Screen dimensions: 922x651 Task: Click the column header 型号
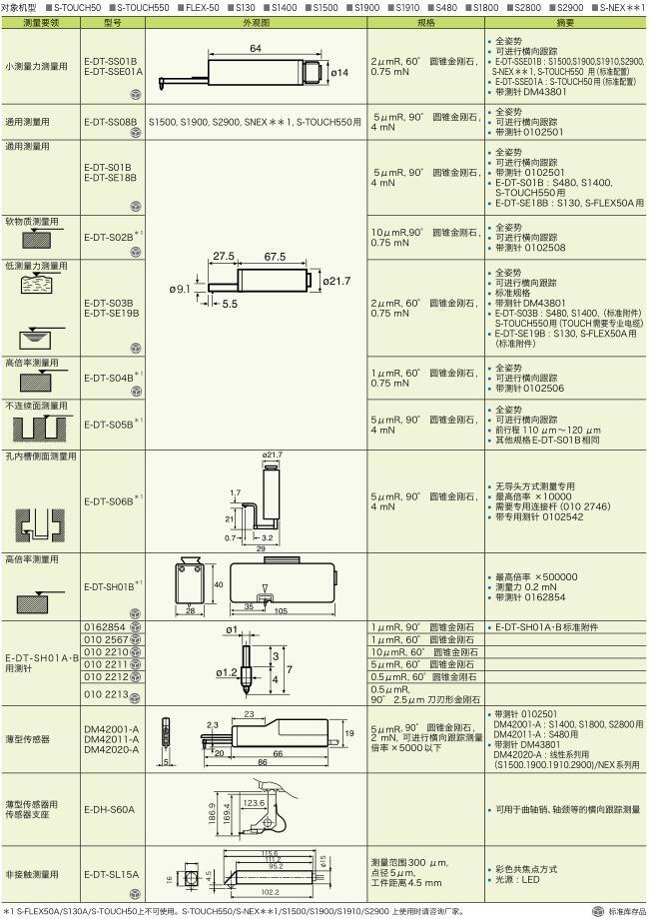point(113,20)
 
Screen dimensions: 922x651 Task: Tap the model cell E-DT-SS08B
point(110,121)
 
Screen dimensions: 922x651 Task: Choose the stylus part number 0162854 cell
point(105,627)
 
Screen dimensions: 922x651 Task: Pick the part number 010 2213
point(106,692)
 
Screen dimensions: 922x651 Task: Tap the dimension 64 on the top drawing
point(256,48)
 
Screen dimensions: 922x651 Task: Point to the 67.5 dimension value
point(275,257)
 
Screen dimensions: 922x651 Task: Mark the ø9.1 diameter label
point(181,289)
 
